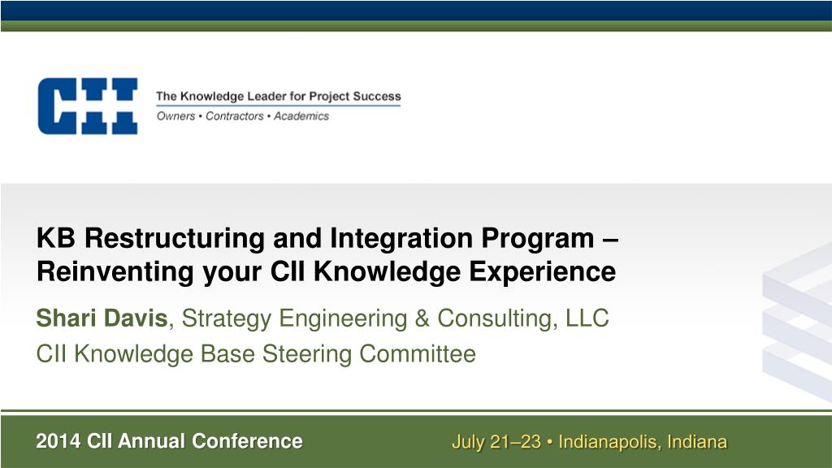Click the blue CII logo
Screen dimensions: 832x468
point(88,106)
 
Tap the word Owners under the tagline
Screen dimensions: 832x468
point(175,116)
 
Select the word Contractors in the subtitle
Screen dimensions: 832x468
point(235,116)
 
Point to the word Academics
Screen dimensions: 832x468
point(301,116)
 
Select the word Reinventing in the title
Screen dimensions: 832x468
point(115,272)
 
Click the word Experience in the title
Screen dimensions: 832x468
point(542,272)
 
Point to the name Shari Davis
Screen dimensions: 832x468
point(102,318)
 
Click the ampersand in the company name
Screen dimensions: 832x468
point(422,318)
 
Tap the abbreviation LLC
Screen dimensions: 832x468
point(587,318)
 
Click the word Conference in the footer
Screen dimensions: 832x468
point(247,441)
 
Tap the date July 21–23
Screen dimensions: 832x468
point(496,442)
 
